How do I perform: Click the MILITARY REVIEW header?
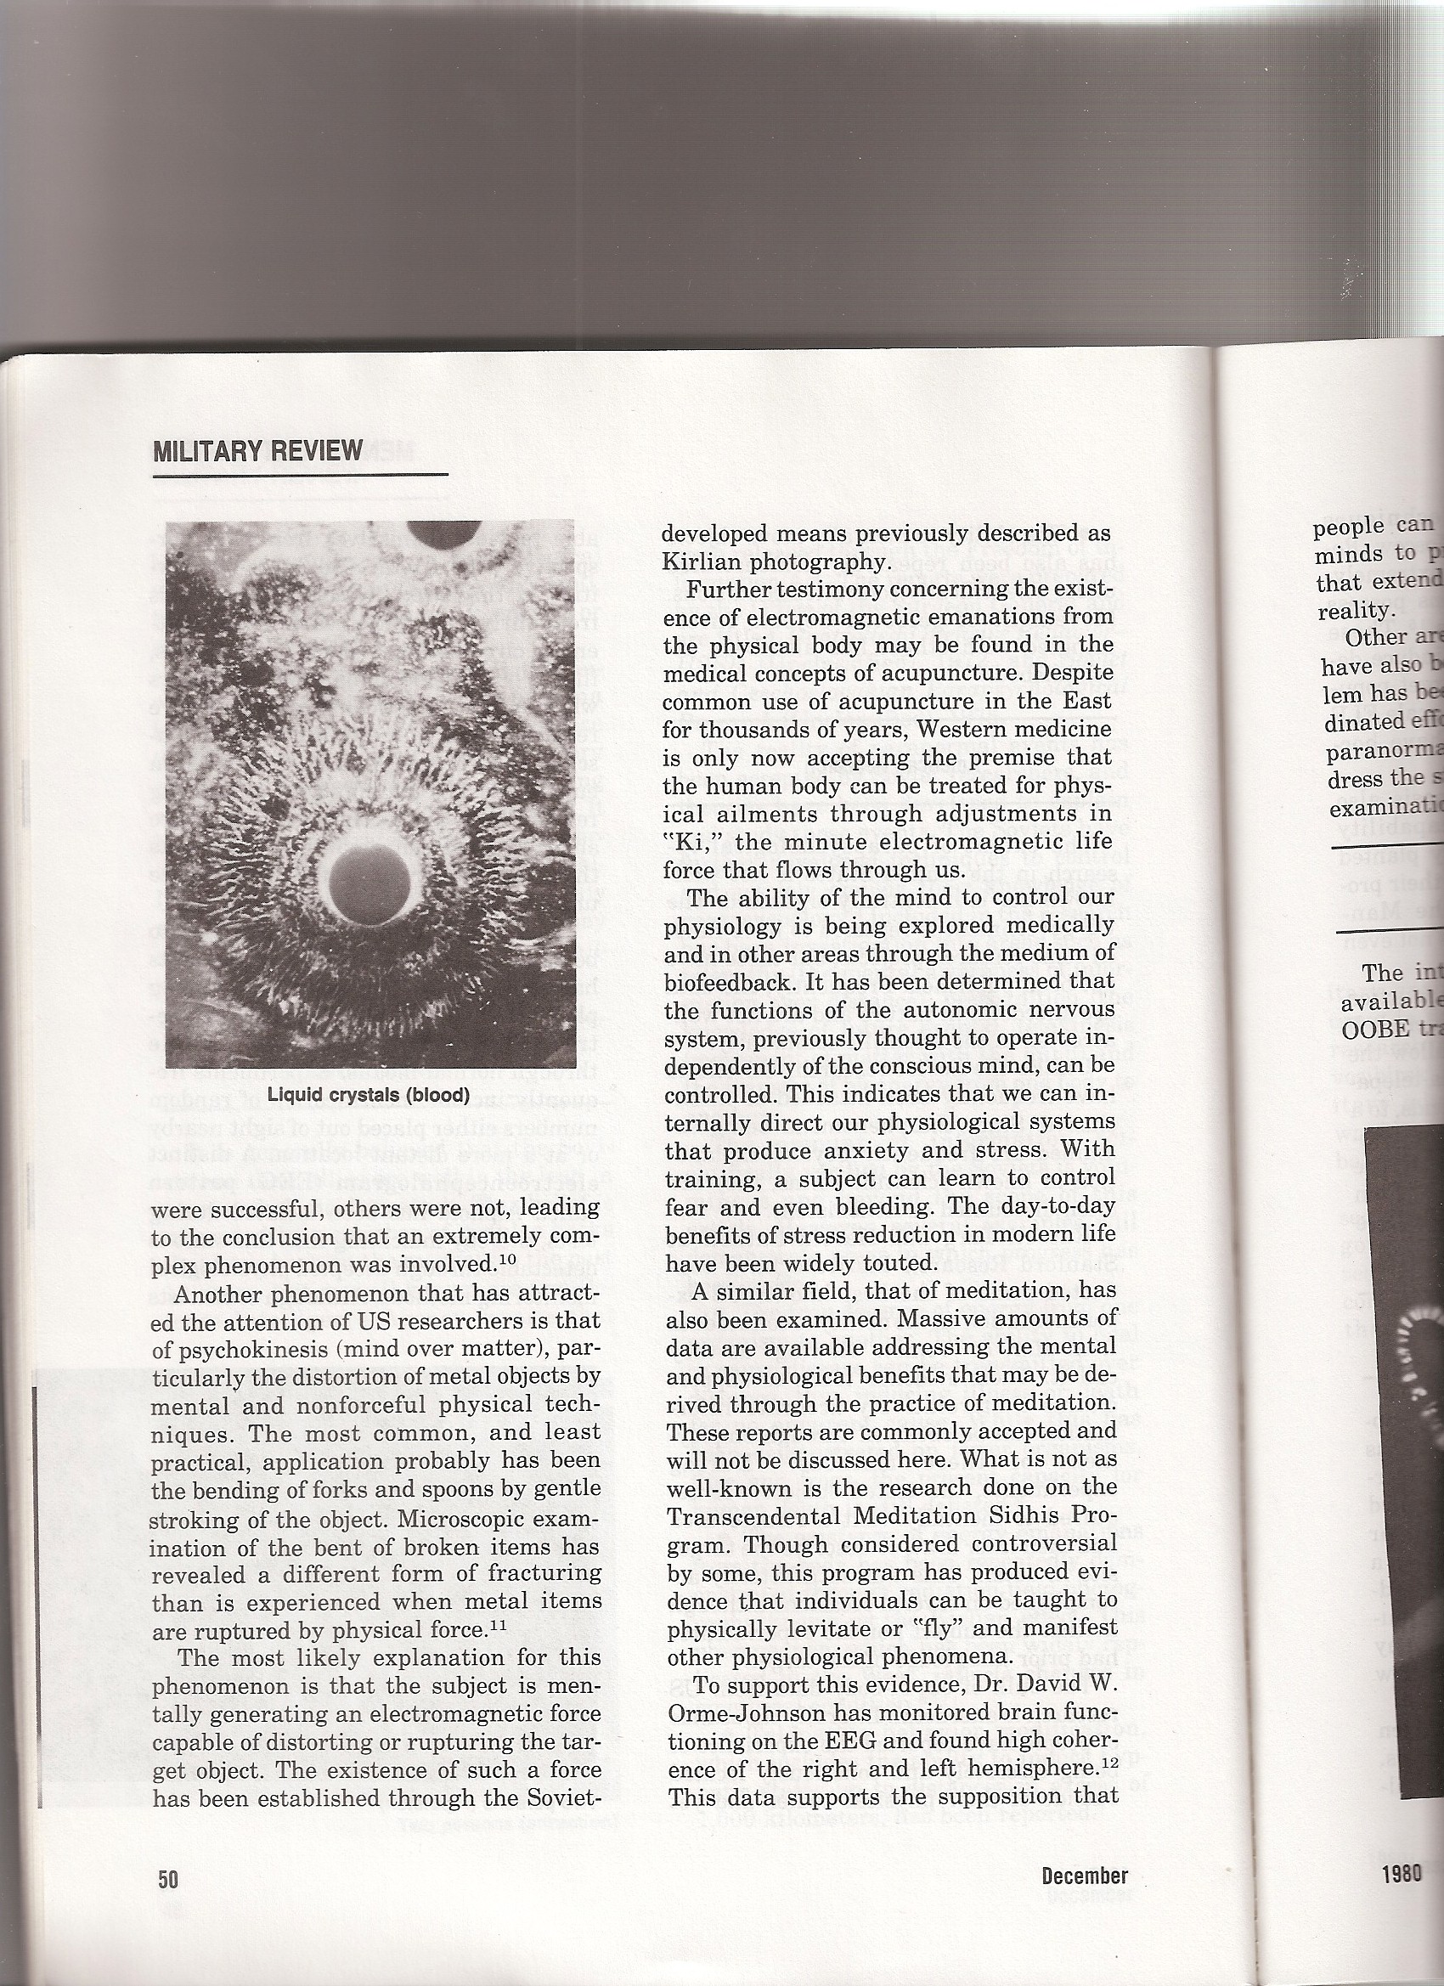(257, 451)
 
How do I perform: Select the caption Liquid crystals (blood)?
(368, 1095)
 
